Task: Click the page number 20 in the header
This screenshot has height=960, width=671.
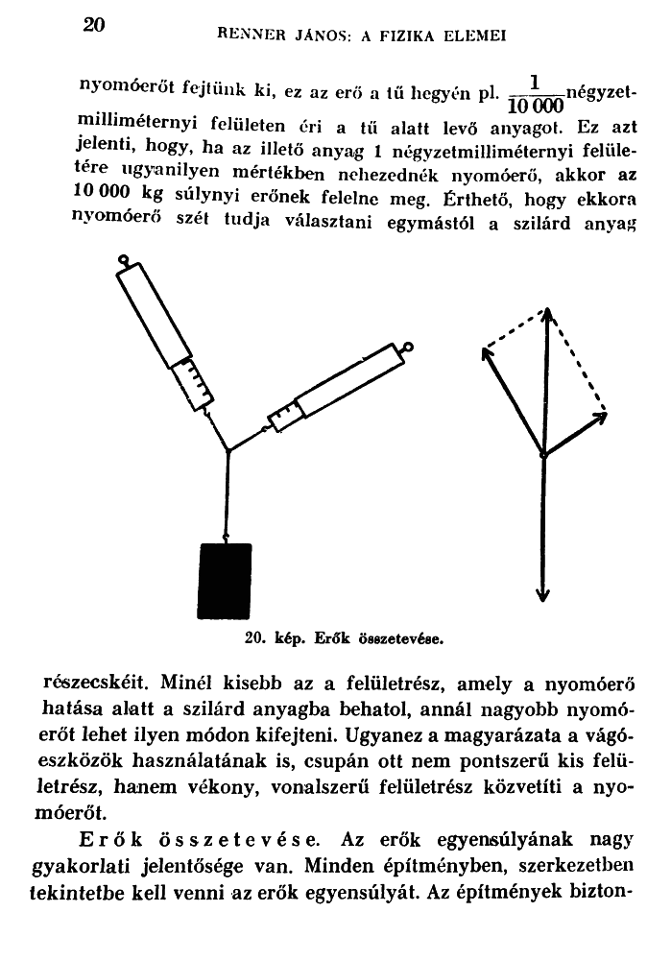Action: (93, 25)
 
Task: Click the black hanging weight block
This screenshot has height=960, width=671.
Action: (225, 582)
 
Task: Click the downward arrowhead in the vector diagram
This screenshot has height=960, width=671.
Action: (543, 595)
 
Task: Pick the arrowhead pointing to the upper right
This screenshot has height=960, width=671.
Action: (601, 416)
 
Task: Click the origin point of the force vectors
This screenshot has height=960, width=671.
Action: (543, 454)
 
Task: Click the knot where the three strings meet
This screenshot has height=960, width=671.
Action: (228, 450)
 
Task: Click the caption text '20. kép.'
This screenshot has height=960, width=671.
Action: (269, 636)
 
